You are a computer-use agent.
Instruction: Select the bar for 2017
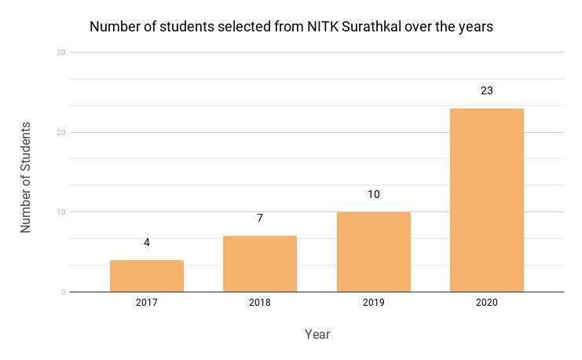(x=147, y=276)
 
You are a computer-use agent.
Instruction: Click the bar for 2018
(x=260, y=264)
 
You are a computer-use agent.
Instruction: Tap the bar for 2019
(x=373, y=252)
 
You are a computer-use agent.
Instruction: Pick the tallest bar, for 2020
(x=486, y=200)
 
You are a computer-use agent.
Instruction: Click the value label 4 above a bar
(x=147, y=243)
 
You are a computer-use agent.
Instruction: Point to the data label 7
(x=260, y=218)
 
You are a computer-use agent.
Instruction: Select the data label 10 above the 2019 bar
(x=373, y=194)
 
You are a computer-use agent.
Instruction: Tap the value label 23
(x=486, y=90)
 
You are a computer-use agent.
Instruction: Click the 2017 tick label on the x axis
(x=147, y=303)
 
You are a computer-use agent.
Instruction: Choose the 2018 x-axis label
(x=260, y=303)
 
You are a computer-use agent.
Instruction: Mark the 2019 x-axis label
(x=373, y=303)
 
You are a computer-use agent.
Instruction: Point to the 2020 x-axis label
(x=486, y=303)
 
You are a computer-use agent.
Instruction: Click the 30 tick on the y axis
(x=60, y=52)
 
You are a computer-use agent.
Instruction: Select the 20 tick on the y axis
(x=60, y=132)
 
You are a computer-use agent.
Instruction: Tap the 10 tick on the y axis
(x=60, y=212)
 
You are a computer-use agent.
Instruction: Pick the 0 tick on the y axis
(x=63, y=292)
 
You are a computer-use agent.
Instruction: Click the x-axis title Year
(x=317, y=335)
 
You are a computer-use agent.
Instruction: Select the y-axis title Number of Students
(x=26, y=177)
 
